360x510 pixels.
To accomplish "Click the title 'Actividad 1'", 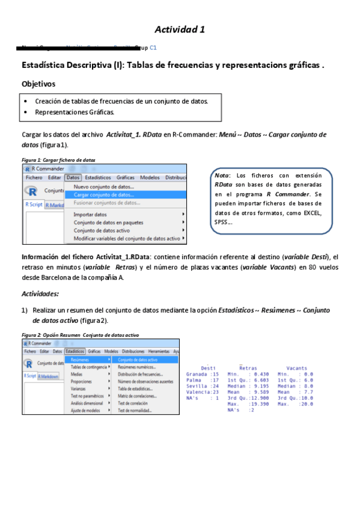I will click(x=180, y=29).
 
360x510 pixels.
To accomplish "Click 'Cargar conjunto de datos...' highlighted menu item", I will click(x=103, y=195).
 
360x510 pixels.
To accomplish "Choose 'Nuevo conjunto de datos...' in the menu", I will click(x=103, y=187).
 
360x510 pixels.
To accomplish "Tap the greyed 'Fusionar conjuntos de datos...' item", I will click(x=107, y=203).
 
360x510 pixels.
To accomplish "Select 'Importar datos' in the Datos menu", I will click(x=90, y=214).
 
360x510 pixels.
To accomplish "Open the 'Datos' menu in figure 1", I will click(x=73, y=177).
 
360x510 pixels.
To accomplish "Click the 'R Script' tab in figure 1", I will click(x=34, y=204).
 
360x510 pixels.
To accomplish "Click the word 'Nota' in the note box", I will click(x=221, y=175).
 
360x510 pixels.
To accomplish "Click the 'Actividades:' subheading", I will click(x=40, y=294).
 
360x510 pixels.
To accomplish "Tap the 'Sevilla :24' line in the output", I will click(x=199, y=386).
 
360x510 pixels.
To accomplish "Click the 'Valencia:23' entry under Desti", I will click(x=199, y=392).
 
